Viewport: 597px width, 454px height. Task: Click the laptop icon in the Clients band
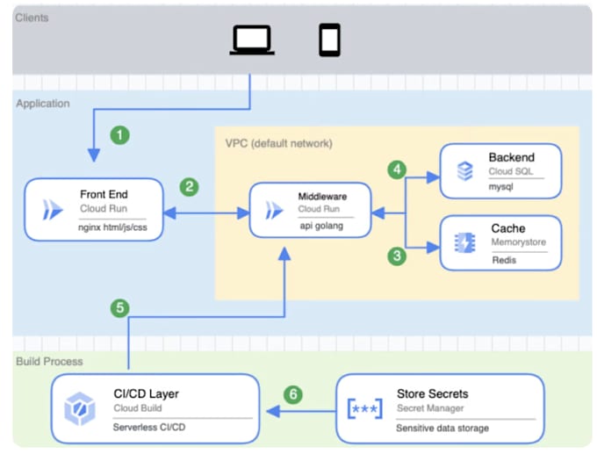click(251, 40)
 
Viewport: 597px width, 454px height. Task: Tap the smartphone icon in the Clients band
click(329, 40)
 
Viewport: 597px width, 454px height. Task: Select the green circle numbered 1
click(119, 135)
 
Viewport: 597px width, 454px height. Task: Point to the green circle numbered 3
click(399, 256)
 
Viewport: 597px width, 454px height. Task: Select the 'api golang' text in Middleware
click(322, 225)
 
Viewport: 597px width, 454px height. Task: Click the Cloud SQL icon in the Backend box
click(465, 170)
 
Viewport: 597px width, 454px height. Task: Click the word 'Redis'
click(504, 261)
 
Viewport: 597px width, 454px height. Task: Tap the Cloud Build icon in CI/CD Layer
click(80, 409)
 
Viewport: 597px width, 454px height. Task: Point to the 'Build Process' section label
click(49, 362)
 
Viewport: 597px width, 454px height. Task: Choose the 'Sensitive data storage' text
click(442, 428)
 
